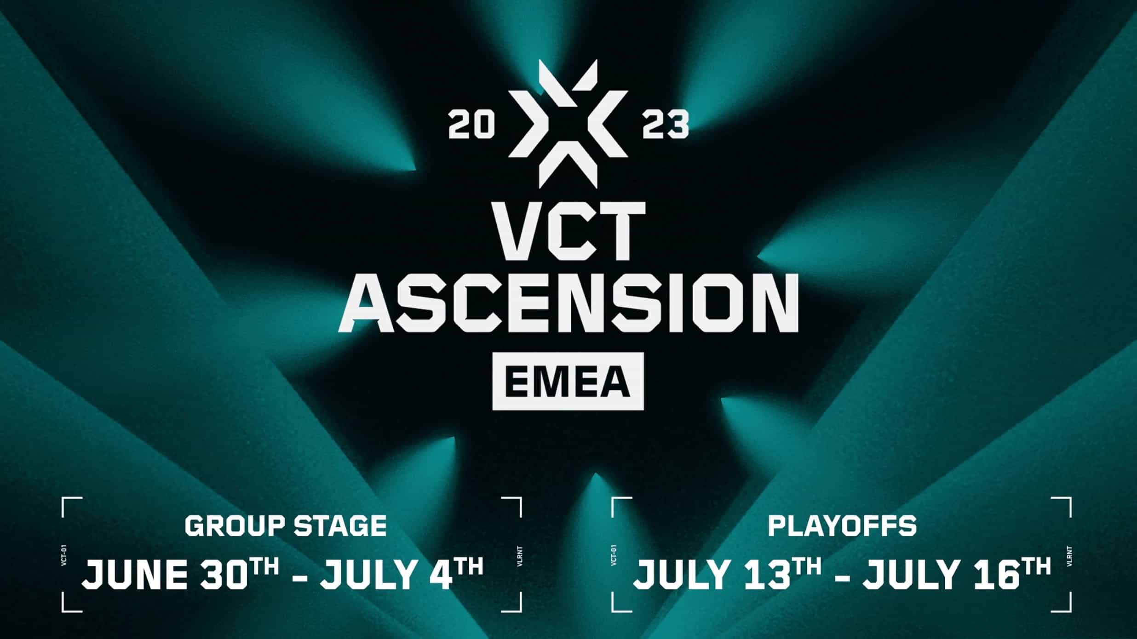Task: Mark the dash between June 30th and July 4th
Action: (x=300, y=576)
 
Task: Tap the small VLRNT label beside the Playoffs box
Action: (x=1069, y=555)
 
